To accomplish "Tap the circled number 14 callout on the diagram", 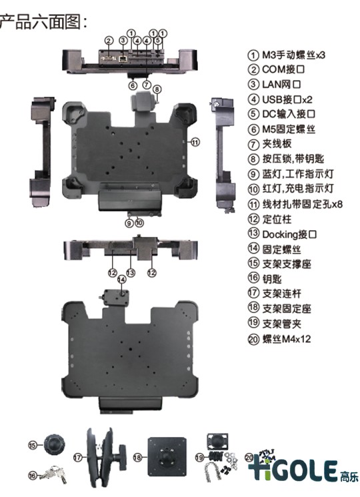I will point(122,280).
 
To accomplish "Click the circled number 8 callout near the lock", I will point(157,89).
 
